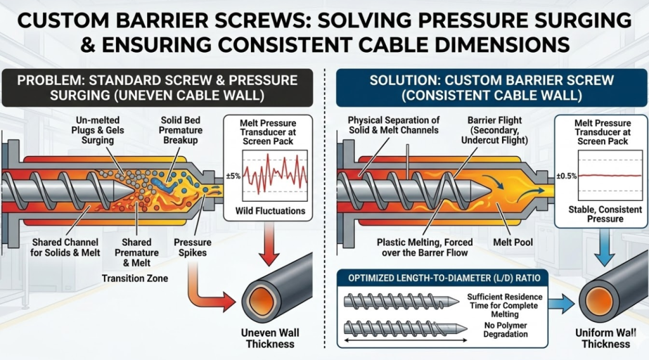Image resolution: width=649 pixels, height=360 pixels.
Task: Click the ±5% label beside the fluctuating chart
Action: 233,176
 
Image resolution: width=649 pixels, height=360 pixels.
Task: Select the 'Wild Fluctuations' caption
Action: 271,210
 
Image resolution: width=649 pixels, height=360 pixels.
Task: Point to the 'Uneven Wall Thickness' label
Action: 270,338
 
